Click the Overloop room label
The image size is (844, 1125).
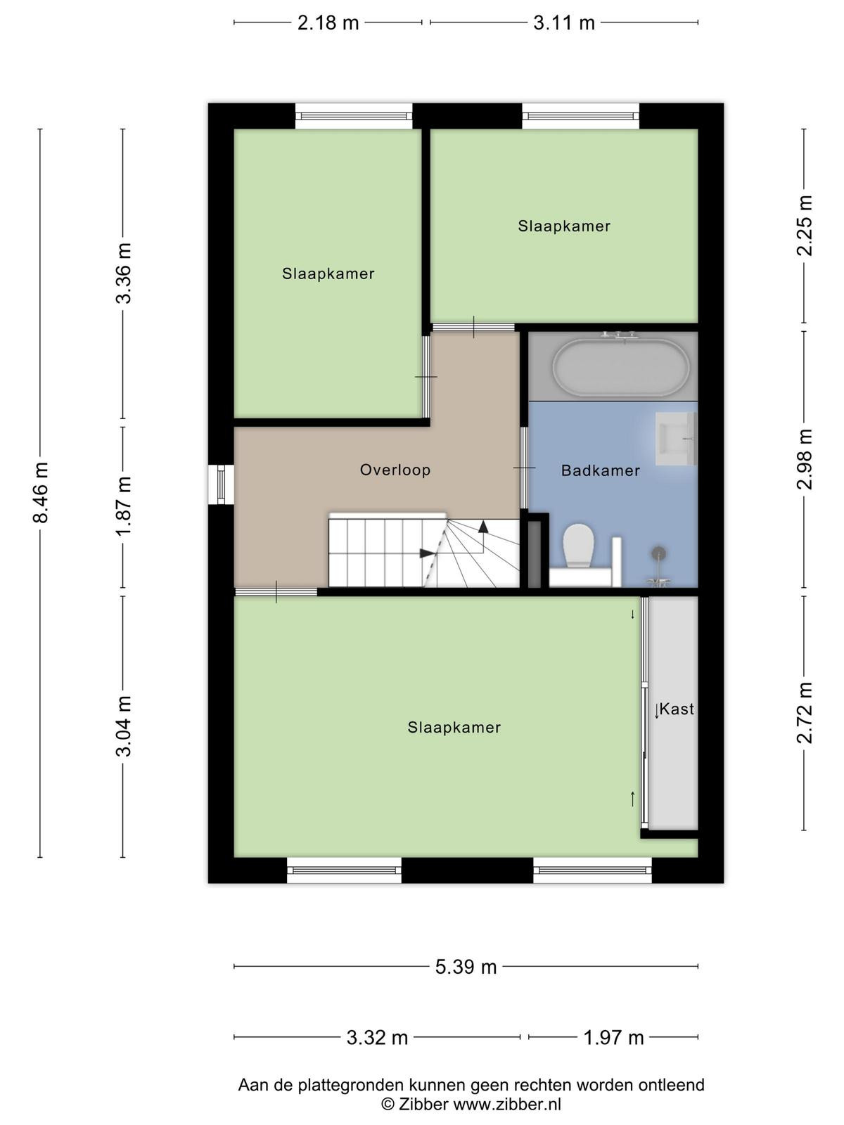point(395,470)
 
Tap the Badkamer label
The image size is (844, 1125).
point(601,470)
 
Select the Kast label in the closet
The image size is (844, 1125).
point(677,709)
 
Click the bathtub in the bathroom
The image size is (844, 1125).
point(621,367)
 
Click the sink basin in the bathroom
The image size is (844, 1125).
point(675,439)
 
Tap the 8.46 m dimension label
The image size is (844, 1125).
point(41,492)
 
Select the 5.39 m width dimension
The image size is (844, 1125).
point(466,967)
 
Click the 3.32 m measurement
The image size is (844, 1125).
point(377,1037)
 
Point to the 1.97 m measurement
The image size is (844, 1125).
point(613,1037)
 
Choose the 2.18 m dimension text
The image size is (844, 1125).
point(328,23)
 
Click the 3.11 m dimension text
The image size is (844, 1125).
point(563,23)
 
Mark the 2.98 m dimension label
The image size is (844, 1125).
point(804,459)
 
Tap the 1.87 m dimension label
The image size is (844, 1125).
point(124,506)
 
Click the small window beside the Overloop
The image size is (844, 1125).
point(221,484)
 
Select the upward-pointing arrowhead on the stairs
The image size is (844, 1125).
point(482,527)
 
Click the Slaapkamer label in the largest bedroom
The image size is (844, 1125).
point(454,727)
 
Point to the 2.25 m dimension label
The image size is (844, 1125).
point(804,225)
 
